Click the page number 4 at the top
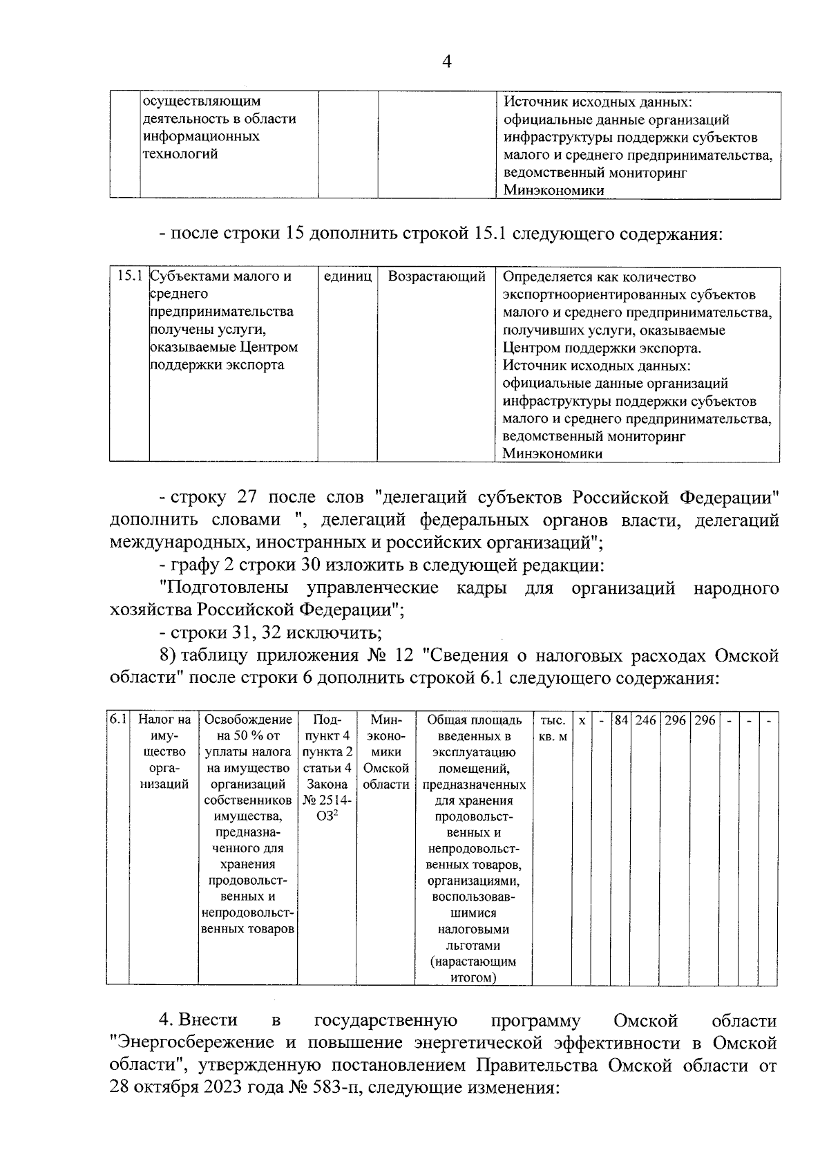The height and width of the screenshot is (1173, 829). click(x=446, y=62)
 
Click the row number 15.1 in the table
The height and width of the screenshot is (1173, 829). click(x=129, y=276)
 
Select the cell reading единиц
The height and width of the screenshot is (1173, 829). click(x=347, y=276)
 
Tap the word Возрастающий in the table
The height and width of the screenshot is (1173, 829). click(x=437, y=276)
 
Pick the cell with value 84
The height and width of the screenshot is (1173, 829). click(x=621, y=720)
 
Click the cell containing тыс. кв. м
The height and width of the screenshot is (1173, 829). click(x=553, y=728)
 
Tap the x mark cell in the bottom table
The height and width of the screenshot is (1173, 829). click(x=582, y=720)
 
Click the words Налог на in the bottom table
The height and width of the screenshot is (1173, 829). click(x=164, y=720)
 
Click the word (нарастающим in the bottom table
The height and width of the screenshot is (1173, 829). click(x=473, y=961)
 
